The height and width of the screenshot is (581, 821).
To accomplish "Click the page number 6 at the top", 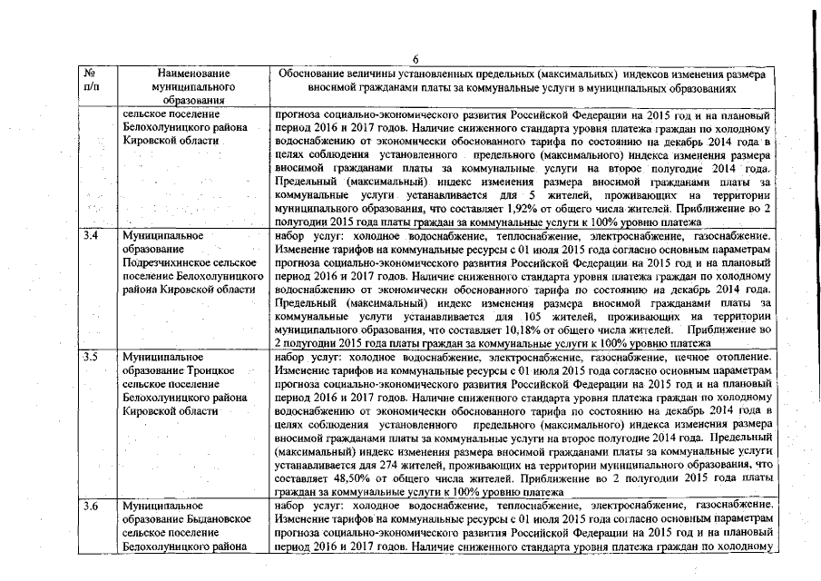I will point(413,58).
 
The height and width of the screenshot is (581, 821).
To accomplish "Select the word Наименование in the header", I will point(192,72).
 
